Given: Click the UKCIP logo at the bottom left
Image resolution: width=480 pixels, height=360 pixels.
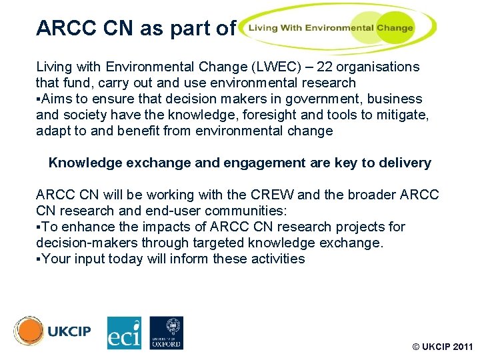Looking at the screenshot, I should tap(52, 331).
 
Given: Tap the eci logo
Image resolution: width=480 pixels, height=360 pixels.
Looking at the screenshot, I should tap(124, 333).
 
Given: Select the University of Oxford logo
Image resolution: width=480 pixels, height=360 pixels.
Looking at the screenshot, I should tap(166, 333).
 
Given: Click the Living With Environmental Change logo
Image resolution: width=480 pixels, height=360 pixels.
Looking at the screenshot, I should tap(339, 28).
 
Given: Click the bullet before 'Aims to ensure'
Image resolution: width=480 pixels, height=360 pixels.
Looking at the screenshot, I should tap(38, 99).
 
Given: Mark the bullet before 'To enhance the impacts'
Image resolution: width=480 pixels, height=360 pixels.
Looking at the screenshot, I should tap(38, 227).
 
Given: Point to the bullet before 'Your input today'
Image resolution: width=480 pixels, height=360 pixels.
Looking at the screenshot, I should tap(38, 259).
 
